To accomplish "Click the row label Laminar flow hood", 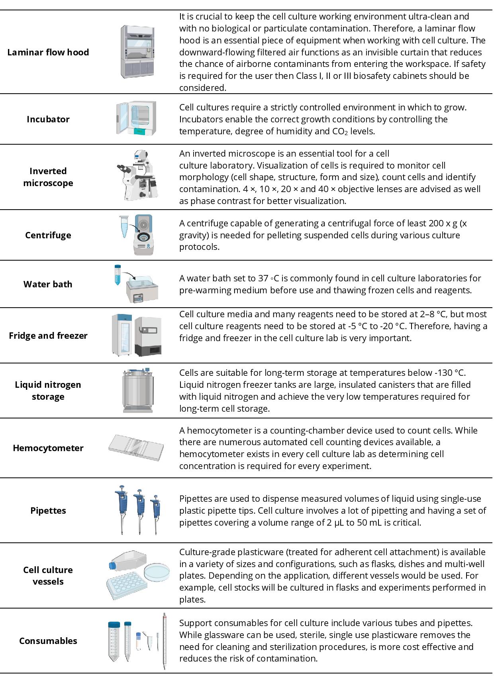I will tap(48, 52).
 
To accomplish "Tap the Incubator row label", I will tap(48, 119).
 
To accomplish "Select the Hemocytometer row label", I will tap(48, 448).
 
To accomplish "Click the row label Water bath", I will tap(48, 284).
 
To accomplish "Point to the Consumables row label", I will tap(48, 641).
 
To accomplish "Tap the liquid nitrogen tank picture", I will tap(138, 391).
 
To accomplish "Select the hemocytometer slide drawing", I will tap(135, 448).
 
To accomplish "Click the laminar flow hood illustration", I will tap(138, 52).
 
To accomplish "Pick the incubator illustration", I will tap(136, 118).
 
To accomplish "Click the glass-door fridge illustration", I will tap(122, 335).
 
